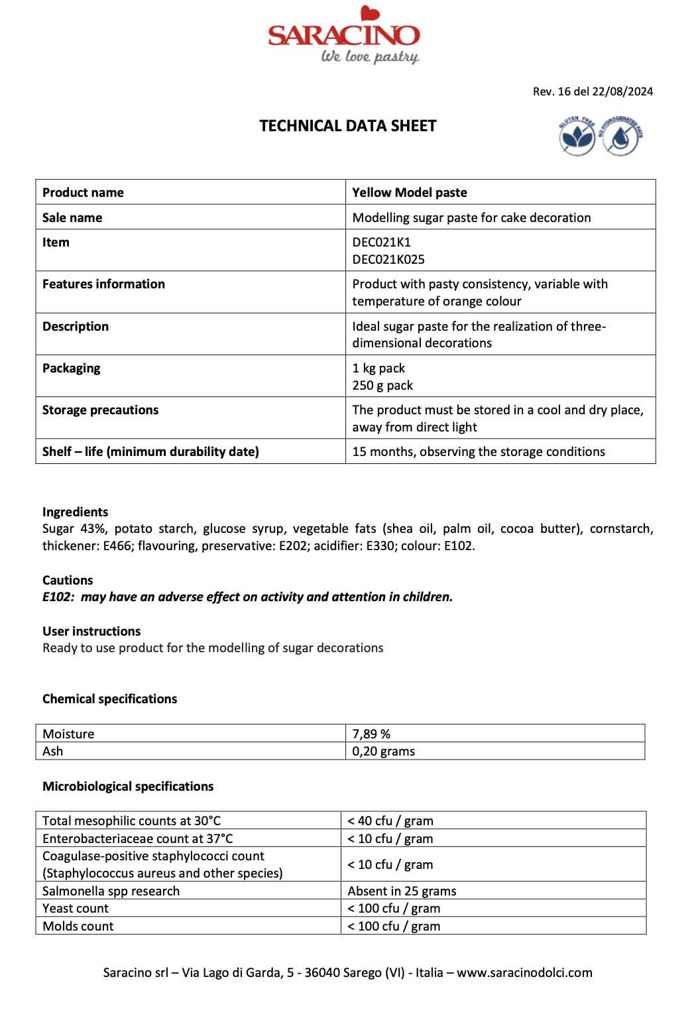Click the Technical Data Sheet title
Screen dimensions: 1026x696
tap(348, 126)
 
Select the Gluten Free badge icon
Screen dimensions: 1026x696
tap(577, 137)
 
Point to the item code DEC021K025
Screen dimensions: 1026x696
tap(388, 259)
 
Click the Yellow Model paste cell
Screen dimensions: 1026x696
tap(410, 192)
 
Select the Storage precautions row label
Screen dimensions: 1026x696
tap(100, 410)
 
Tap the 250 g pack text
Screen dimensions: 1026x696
tap(382, 385)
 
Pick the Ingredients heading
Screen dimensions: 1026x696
tap(75, 512)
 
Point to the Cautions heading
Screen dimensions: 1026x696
tap(68, 580)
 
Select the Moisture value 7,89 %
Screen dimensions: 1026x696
tap(371, 734)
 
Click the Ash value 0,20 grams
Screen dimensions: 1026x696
tap(384, 751)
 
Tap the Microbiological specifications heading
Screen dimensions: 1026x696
tap(128, 786)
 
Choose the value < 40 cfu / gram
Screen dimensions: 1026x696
tap(390, 821)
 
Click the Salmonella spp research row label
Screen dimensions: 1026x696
tap(111, 891)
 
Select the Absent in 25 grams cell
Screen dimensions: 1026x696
tap(402, 891)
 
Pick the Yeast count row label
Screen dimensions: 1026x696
tap(76, 908)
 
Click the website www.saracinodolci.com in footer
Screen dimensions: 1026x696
tap(524, 972)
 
